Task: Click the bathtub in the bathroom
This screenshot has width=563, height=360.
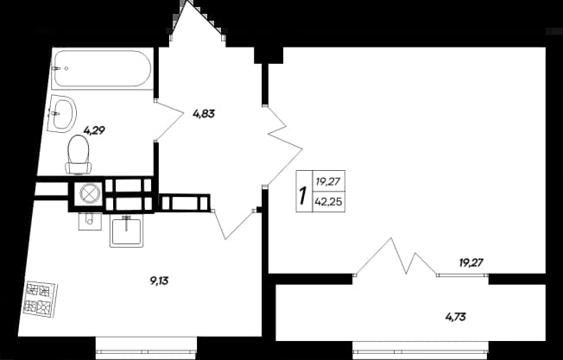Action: tap(102, 68)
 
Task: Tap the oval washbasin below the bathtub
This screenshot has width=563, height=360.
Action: tap(62, 113)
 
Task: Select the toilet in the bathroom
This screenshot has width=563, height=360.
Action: tap(79, 155)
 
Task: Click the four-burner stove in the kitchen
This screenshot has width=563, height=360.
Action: tap(40, 299)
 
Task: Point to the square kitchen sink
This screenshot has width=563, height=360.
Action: tap(126, 231)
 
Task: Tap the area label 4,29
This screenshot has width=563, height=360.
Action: tap(94, 130)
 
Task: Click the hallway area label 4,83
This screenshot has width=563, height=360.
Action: tap(204, 114)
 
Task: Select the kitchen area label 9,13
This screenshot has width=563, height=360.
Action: tap(159, 281)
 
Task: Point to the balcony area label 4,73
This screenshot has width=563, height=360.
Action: tap(456, 317)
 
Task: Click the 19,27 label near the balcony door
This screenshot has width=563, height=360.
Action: tap(471, 263)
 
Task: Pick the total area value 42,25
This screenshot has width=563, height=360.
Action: tap(328, 202)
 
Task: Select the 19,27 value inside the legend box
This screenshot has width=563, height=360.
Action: tap(327, 181)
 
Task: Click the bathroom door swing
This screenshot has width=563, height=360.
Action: tap(168, 119)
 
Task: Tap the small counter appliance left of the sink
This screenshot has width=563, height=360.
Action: tap(90, 221)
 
